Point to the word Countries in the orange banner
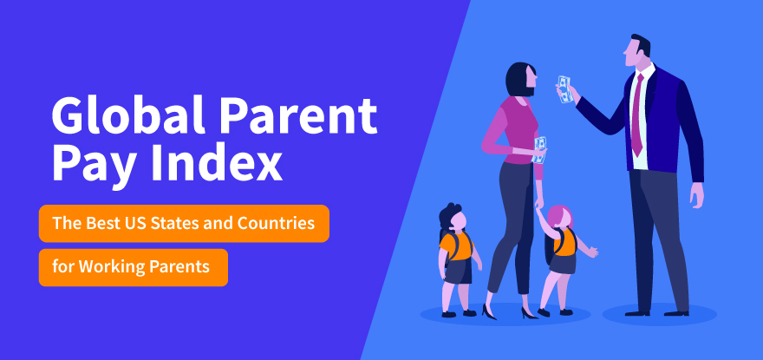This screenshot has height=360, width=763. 276,224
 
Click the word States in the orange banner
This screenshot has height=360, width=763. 172,224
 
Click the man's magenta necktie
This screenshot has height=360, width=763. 637,115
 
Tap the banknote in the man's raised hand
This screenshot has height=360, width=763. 564,89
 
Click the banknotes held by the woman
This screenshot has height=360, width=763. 539,149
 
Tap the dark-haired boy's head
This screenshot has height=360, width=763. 453,217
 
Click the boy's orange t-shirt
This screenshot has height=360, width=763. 456,245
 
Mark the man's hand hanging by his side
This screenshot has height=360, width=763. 697,195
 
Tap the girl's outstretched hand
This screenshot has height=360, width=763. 593,252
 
